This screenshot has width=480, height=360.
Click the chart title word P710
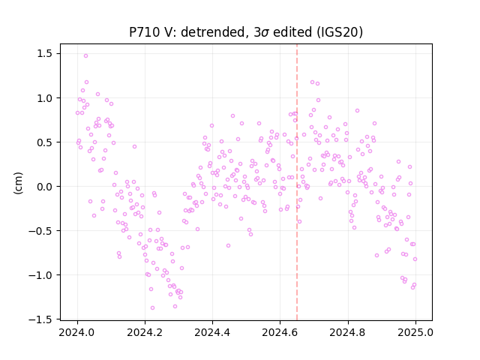click(144, 32)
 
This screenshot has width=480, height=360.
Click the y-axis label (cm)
click(18, 183)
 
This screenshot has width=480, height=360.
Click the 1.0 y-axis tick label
click(45, 98)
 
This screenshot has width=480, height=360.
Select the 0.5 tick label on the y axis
click(45, 142)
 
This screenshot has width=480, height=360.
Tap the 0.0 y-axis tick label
click(45, 187)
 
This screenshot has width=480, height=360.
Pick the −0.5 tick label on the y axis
click(40, 231)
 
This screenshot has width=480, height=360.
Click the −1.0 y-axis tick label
click(40, 275)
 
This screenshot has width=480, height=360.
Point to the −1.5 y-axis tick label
click(40, 319)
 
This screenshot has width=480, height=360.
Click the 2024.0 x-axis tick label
click(77, 332)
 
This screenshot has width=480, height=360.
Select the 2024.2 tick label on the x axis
click(145, 332)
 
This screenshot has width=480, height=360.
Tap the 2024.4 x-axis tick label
click(212, 332)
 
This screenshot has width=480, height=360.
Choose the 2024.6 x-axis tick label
click(280, 332)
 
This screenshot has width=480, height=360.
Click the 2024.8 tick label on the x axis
click(348, 332)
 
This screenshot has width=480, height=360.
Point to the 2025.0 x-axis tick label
click(415, 332)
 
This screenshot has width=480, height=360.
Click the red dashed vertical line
click(297, 182)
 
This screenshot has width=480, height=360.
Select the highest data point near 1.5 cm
click(85, 55)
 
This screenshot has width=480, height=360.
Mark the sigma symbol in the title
click(265, 33)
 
